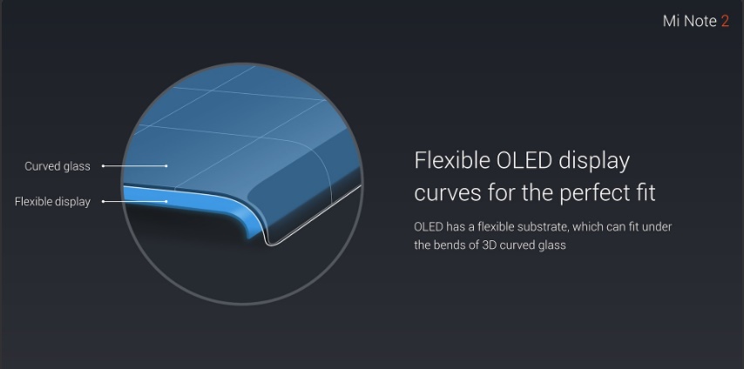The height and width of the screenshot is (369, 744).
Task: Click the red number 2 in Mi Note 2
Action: click(725, 21)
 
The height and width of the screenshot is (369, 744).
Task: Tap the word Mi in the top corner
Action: click(669, 21)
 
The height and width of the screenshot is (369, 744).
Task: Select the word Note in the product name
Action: click(699, 21)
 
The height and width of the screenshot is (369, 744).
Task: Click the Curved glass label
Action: click(57, 166)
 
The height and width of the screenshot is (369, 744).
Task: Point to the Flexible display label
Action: click(52, 202)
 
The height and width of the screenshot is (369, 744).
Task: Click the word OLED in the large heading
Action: click(524, 161)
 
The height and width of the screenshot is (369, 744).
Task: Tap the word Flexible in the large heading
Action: click(452, 161)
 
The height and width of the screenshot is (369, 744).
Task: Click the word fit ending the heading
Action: click(646, 192)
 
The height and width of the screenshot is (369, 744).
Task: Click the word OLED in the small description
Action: click(429, 227)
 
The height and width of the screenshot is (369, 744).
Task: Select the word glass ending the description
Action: click(552, 246)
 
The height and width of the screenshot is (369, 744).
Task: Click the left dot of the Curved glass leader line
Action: click(104, 166)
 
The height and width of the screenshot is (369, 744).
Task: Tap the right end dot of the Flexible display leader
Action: click(166, 202)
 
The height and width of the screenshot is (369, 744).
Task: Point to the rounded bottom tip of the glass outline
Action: click(270, 244)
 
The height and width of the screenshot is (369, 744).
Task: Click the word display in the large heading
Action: click(594, 162)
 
